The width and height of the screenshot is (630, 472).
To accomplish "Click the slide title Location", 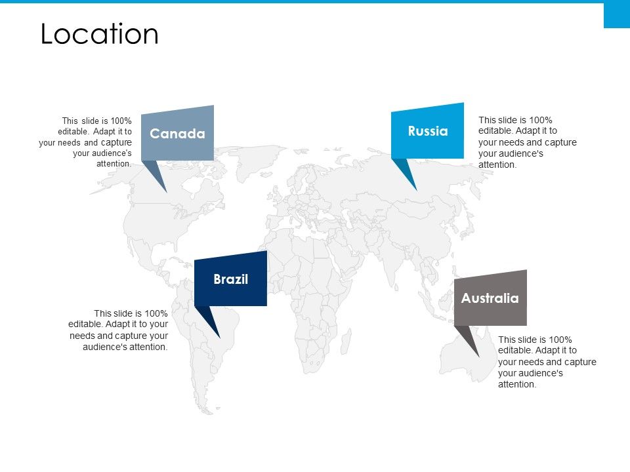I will tap(99, 34).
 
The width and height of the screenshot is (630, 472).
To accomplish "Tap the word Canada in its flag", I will tap(177, 134).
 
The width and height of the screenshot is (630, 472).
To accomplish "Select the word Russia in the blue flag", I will tap(427, 131).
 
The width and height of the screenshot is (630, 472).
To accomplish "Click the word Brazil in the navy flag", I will tap(230, 279).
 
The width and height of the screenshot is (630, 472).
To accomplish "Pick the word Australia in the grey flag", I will tap(490, 298).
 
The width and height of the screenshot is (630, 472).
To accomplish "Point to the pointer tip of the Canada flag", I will tap(166, 191).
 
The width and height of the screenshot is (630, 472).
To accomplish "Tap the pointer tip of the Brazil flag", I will tap(219, 338).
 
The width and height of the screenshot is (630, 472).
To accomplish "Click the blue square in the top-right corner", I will tap(616, 15).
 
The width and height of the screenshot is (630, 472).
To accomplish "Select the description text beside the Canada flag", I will tap(86, 142).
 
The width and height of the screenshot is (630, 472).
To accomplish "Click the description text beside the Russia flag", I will tap(527, 142).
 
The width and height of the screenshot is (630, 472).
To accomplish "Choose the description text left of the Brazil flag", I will tap(119, 330).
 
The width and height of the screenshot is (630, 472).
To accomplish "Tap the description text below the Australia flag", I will tap(547, 362).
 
